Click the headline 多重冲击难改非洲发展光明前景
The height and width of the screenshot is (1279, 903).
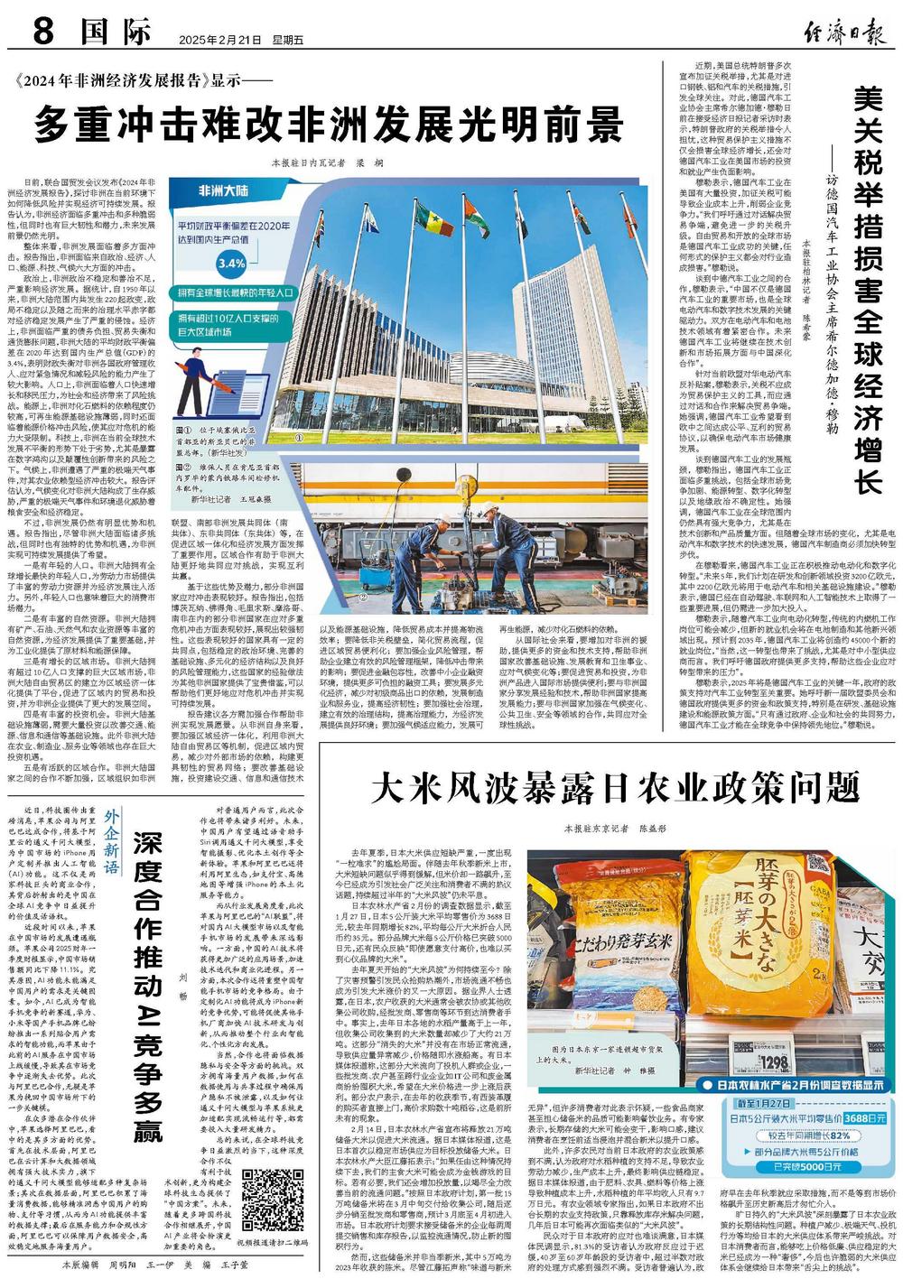(x=329, y=121)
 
